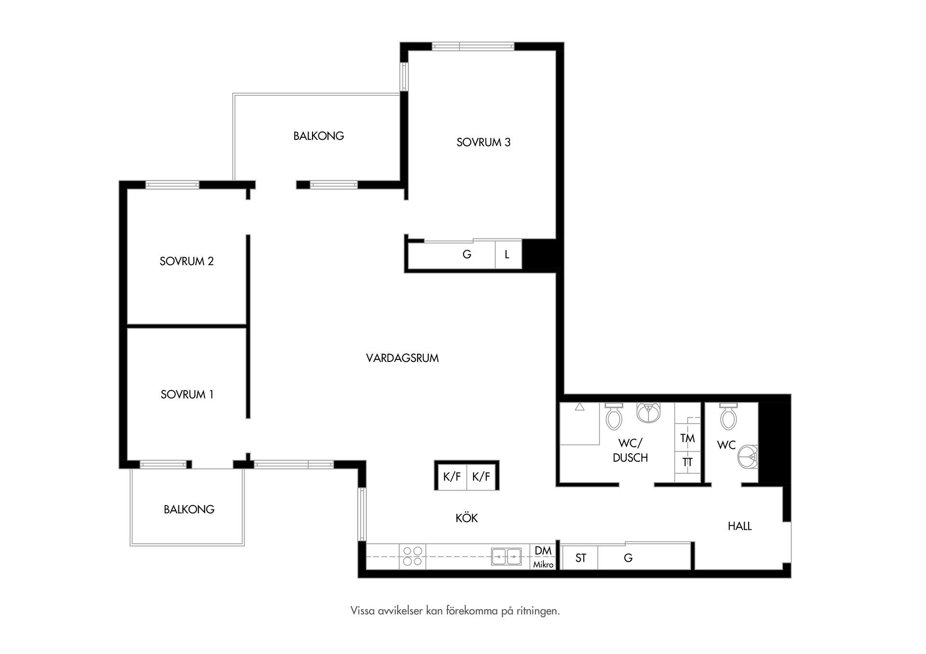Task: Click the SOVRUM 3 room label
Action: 483,142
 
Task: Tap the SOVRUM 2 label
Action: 187,261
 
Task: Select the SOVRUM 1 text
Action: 187,395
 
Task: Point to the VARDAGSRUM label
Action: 402,358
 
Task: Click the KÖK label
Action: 467,518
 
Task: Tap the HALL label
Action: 740,526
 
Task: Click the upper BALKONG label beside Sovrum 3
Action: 319,136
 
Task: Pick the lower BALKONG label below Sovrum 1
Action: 189,509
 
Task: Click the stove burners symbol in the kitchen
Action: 412,556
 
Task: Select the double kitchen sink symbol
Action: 506,556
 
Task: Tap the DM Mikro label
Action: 544,557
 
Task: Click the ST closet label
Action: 581,558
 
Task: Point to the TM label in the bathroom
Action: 688,438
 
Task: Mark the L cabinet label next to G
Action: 507,254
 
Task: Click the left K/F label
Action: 452,477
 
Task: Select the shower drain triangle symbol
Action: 580,407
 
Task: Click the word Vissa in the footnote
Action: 362,611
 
